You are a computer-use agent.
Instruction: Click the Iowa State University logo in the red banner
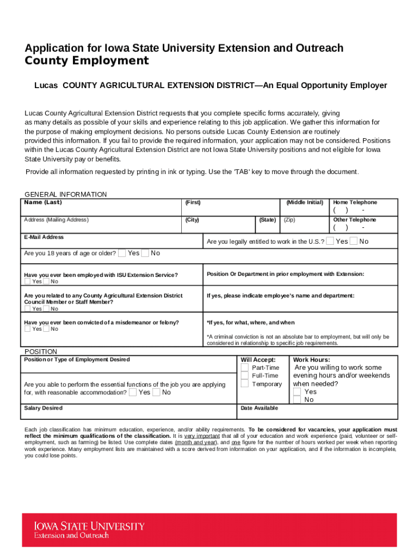[89, 530]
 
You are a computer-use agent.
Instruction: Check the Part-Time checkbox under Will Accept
[245, 368]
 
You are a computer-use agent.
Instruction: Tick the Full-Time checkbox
[245, 376]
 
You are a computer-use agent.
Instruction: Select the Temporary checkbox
[245, 384]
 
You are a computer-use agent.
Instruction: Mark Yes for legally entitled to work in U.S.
[330, 241]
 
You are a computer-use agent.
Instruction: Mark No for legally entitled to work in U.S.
[354, 241]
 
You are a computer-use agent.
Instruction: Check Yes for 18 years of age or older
[122, 253]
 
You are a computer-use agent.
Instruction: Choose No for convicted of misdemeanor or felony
[46, 329]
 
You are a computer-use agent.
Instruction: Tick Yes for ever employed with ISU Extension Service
[27, 281]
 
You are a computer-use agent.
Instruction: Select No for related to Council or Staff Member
[46, 308]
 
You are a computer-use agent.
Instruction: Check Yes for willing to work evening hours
[297, 392]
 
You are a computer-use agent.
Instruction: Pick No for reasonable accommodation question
[156, 392]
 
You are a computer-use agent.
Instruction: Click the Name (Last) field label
[43, 202]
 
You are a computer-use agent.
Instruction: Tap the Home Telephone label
[355, 202]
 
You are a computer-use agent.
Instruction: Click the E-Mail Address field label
[44, 237]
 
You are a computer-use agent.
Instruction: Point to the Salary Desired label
[43, 408]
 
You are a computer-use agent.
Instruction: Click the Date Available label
[259, 408]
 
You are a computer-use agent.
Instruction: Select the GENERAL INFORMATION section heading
[66, 194]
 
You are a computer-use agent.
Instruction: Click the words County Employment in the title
[87, 61]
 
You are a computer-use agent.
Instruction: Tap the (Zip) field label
[289, 220]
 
